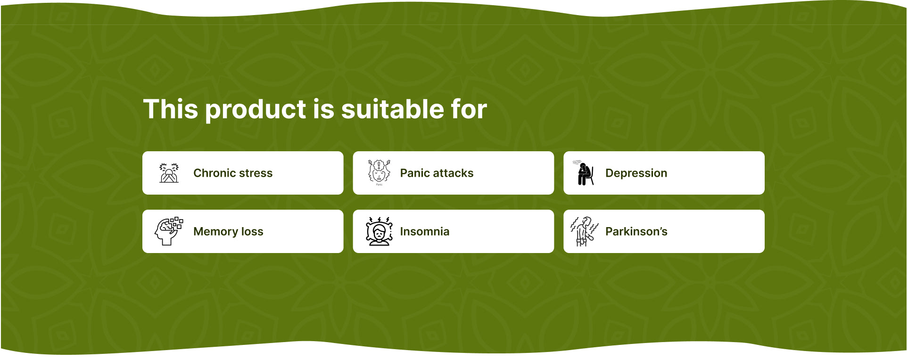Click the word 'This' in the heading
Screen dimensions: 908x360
pos(171,109)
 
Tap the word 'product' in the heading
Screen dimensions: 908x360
pos(256,110)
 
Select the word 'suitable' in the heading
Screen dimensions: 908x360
pos(392,109)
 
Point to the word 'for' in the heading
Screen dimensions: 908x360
pos(469,109)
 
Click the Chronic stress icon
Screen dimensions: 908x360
pos(169,173)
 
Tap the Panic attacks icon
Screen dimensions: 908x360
pos(379,172)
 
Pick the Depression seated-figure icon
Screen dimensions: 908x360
pos(584,173)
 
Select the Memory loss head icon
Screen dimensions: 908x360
pos(168,231)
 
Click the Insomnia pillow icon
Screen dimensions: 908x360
pos(379,231)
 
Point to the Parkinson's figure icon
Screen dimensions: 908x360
pos(584,231)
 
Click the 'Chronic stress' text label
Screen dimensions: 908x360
pos(233,173)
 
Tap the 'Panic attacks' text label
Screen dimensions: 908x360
pos(437,173)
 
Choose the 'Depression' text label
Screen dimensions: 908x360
pos(636,173)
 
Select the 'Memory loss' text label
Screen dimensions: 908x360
pos(228,232)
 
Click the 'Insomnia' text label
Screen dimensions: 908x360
pos(424,231)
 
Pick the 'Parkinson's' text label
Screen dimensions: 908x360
pos(636,231)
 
